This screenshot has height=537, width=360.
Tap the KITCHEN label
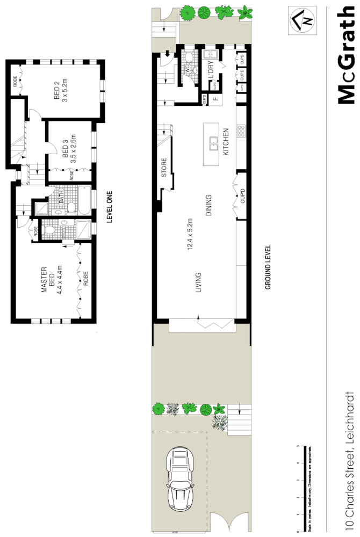point(226,142)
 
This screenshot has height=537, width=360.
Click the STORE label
point(164,168)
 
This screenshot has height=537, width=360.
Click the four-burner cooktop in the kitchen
point(241,130)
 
